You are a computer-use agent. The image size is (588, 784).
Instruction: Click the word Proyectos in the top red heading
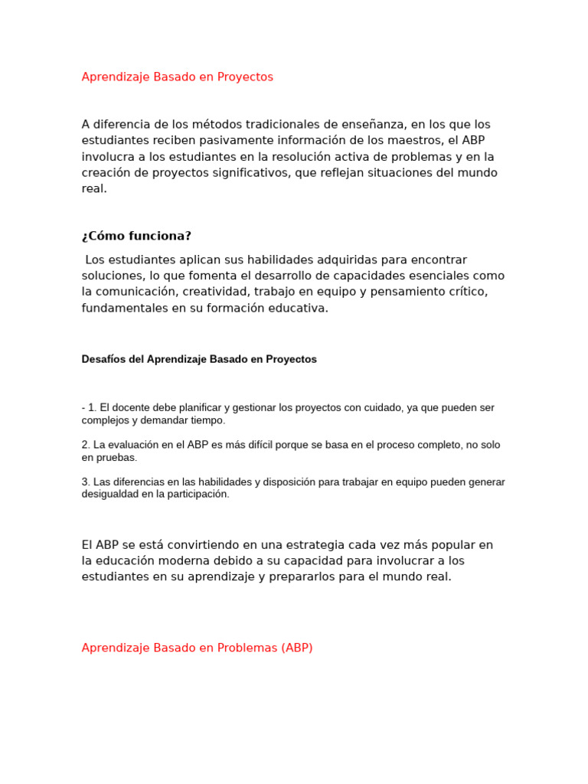246,77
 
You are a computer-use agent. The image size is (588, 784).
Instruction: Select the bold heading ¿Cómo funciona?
136,236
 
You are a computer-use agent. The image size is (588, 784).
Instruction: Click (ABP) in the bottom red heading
296,648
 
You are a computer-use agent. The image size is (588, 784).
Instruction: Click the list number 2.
85,445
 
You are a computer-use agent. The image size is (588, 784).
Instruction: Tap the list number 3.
85,482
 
